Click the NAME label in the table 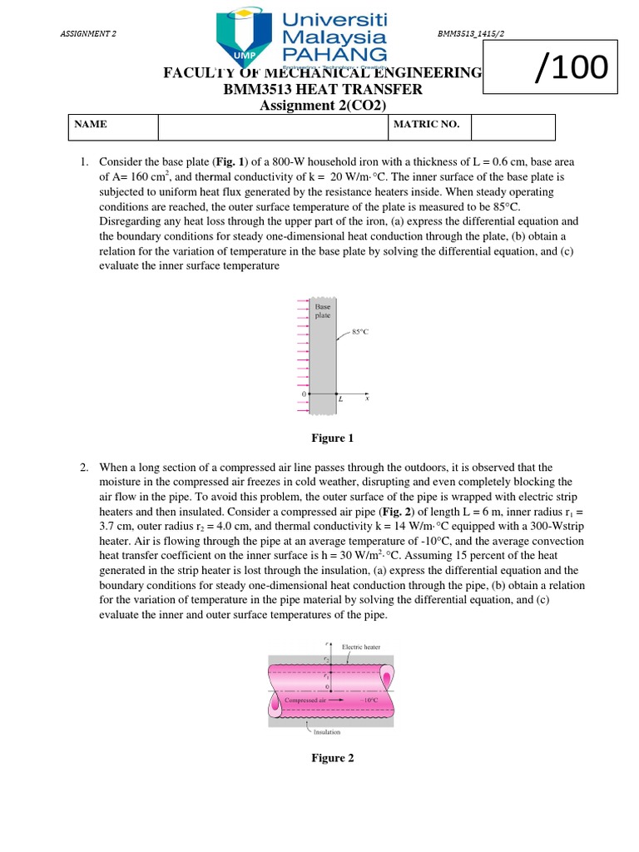[91, 125]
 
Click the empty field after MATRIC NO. [513, 126]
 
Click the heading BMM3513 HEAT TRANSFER [323, 90]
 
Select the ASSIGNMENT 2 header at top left [89, 33]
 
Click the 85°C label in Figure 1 [361, 331]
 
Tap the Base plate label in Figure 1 [323, 312]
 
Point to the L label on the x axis [340, 399]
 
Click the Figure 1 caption [333, 438]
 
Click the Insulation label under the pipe [327, 733]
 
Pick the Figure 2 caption [333, 758]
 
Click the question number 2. [85, 468]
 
